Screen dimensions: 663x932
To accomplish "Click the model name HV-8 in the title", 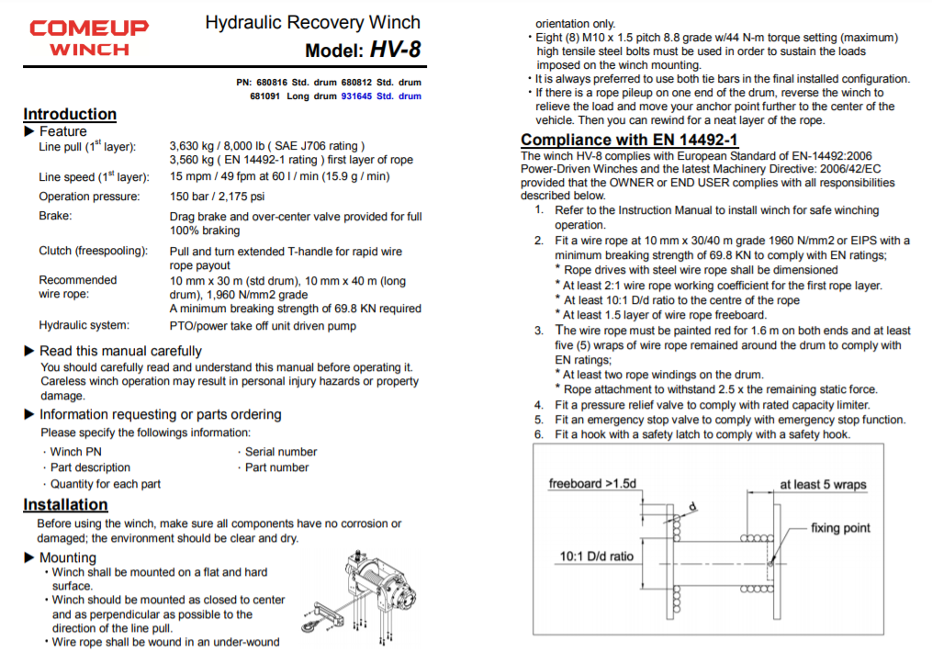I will click(396, 50).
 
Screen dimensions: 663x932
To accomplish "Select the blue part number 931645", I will click(356, 96).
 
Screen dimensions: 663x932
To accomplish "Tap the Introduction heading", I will click(70, 115).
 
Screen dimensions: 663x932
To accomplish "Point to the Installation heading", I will click(65, 505).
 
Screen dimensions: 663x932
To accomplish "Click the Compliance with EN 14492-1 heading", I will click(629, 140).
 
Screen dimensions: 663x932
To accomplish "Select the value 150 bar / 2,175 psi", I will click(218, 197).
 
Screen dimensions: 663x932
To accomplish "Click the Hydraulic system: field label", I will click(84, 325).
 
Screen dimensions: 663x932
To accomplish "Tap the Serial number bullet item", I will click(280, 452).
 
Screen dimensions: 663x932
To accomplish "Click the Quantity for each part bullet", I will click(105, 484).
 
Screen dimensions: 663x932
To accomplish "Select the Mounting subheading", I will click(67, 557).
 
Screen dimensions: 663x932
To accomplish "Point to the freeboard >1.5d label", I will click(592, 484).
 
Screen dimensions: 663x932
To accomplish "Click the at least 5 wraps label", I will click(823, 485).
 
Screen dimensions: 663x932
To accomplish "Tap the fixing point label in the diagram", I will click(840, 528).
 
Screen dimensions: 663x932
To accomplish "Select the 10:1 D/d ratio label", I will click(596, 556).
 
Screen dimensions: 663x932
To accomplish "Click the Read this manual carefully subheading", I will click(120, 351).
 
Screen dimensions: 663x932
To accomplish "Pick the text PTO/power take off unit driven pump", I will click(263, 325).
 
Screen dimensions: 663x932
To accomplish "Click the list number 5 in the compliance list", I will click(539, 420).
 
